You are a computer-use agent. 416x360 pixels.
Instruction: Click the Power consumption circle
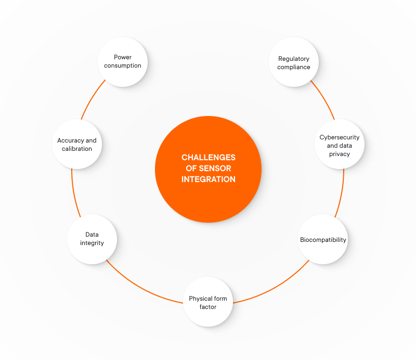click(x=123, y=61)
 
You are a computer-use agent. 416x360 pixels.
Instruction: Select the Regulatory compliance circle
click(x=293, y=62)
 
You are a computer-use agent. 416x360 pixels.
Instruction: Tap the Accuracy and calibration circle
click(x=77, y=145)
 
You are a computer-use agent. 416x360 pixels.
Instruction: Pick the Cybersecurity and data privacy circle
click(x=339, y=145)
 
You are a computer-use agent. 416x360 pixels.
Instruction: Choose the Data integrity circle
click(x=92, y=239)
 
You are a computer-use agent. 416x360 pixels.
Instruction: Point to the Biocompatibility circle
click(x=323, y=240)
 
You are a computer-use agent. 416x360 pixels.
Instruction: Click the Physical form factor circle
click(x=207, y=302)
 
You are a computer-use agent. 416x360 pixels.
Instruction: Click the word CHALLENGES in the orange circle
click(x=208, y=157)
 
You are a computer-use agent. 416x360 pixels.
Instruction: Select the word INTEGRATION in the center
click(x=209, y=179)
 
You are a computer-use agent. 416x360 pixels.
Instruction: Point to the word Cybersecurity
click(x=339, y=137)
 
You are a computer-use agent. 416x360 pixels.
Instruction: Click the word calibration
click(x=77, y=149)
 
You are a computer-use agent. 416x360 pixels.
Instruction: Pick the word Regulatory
click(x=294, y=58)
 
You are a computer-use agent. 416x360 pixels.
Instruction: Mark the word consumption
click(x=123, y=66)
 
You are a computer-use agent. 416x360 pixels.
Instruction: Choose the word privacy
click(x=339, y=154)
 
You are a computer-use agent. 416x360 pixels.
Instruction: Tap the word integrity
click(x=92, y=243)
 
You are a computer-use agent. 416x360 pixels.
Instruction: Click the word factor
click(x=207, y=307)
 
